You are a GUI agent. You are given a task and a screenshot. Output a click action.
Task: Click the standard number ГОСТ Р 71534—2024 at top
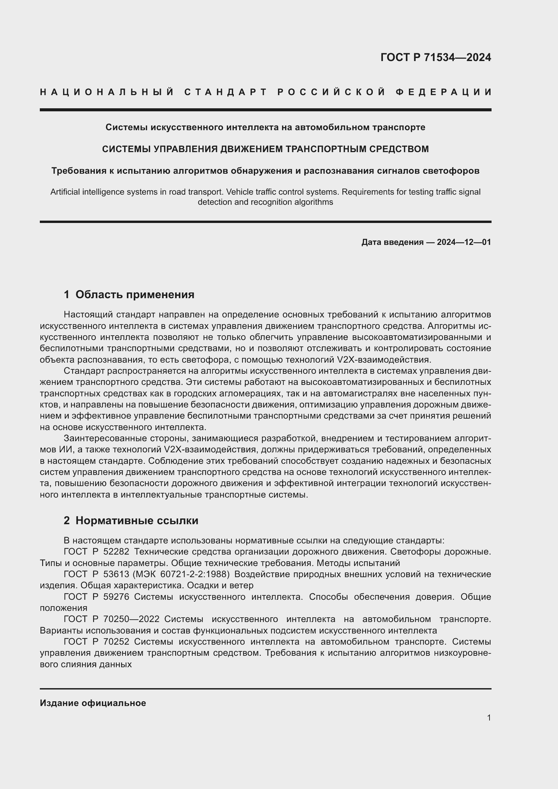436,57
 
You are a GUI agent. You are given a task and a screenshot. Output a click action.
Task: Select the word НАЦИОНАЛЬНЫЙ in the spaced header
107,92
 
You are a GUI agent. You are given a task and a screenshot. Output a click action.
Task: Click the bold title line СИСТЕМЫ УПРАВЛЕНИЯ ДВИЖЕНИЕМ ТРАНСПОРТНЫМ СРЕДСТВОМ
265,149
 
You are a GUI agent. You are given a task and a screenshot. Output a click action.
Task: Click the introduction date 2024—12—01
464,242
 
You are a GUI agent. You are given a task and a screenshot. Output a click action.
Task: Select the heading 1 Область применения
129,294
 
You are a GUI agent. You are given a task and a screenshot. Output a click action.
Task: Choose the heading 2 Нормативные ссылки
131,520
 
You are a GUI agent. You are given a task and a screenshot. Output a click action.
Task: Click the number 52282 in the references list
116,552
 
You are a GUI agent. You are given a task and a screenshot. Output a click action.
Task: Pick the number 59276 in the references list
116,597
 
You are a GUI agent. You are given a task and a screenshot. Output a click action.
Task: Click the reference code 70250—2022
131,619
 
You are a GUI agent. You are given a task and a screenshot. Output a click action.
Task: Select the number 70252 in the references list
116,642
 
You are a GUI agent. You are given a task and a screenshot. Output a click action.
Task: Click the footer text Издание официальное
93,703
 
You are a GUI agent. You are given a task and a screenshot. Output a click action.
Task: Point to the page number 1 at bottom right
489,718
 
